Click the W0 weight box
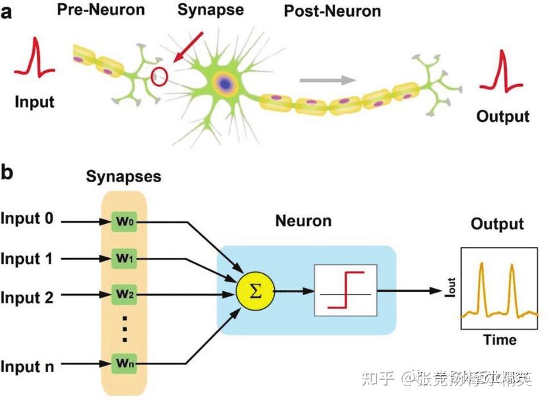tap(125, 222)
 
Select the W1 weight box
tap(125, 259)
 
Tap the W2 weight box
tap(125, 296)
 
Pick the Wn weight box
tap(125, 363)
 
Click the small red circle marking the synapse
tap(159, 77)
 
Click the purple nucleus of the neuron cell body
tap(224, 82)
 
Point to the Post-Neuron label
tap(332, 11)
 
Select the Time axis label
tap(499, 340)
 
